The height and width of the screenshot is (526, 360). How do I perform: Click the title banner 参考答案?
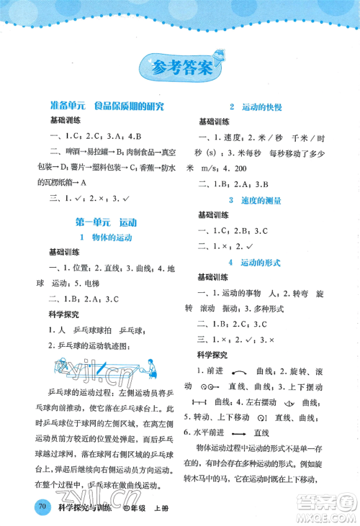(181, 69)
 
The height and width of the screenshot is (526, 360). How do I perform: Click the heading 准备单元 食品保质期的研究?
(102, 106)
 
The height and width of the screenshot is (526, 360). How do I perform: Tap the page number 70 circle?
(42, 507)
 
